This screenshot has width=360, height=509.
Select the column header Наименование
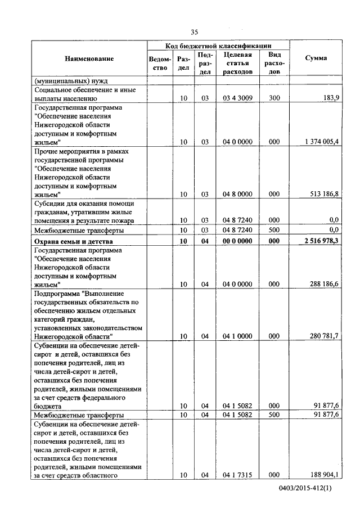(89, 58)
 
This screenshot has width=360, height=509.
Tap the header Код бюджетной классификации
(219, 45)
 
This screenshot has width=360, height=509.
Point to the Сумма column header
(316, 58)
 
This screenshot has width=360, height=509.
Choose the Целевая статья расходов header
(237, 63)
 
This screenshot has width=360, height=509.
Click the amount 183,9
(329, 98)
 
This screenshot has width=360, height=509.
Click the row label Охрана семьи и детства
(74, 241)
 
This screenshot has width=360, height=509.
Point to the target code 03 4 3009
(237, 98)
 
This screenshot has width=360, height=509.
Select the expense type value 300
(274, 98)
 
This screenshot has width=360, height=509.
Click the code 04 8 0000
(237, 194)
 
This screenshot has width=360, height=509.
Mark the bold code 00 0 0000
(237, 241)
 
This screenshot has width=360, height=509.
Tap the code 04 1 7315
(237, 475)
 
